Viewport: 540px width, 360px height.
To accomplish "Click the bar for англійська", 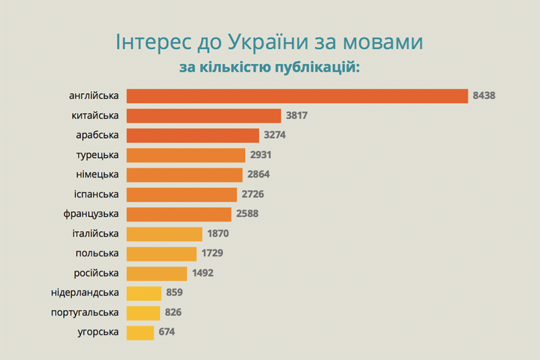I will tap(297, 96).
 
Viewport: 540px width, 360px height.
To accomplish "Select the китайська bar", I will tap(204, 116).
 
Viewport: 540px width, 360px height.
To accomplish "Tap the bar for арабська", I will tap(193, 136).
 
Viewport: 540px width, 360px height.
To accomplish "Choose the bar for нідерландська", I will tap(144, 293).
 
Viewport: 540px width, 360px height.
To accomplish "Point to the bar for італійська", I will tap(164, 234).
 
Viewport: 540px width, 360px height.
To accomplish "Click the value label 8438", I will tap(484, 96).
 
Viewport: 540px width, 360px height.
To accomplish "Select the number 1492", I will tap(203, 273).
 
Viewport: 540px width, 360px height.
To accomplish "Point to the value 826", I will tap(170, 313).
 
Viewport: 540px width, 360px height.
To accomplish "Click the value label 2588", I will tap(247, 214).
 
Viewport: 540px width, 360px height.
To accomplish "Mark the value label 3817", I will tap(296, 116).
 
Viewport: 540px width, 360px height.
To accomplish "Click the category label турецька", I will tap(97, 155).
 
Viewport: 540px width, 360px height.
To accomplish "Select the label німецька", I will tap(97, 175).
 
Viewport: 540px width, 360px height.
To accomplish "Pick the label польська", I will tap(97, 253).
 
